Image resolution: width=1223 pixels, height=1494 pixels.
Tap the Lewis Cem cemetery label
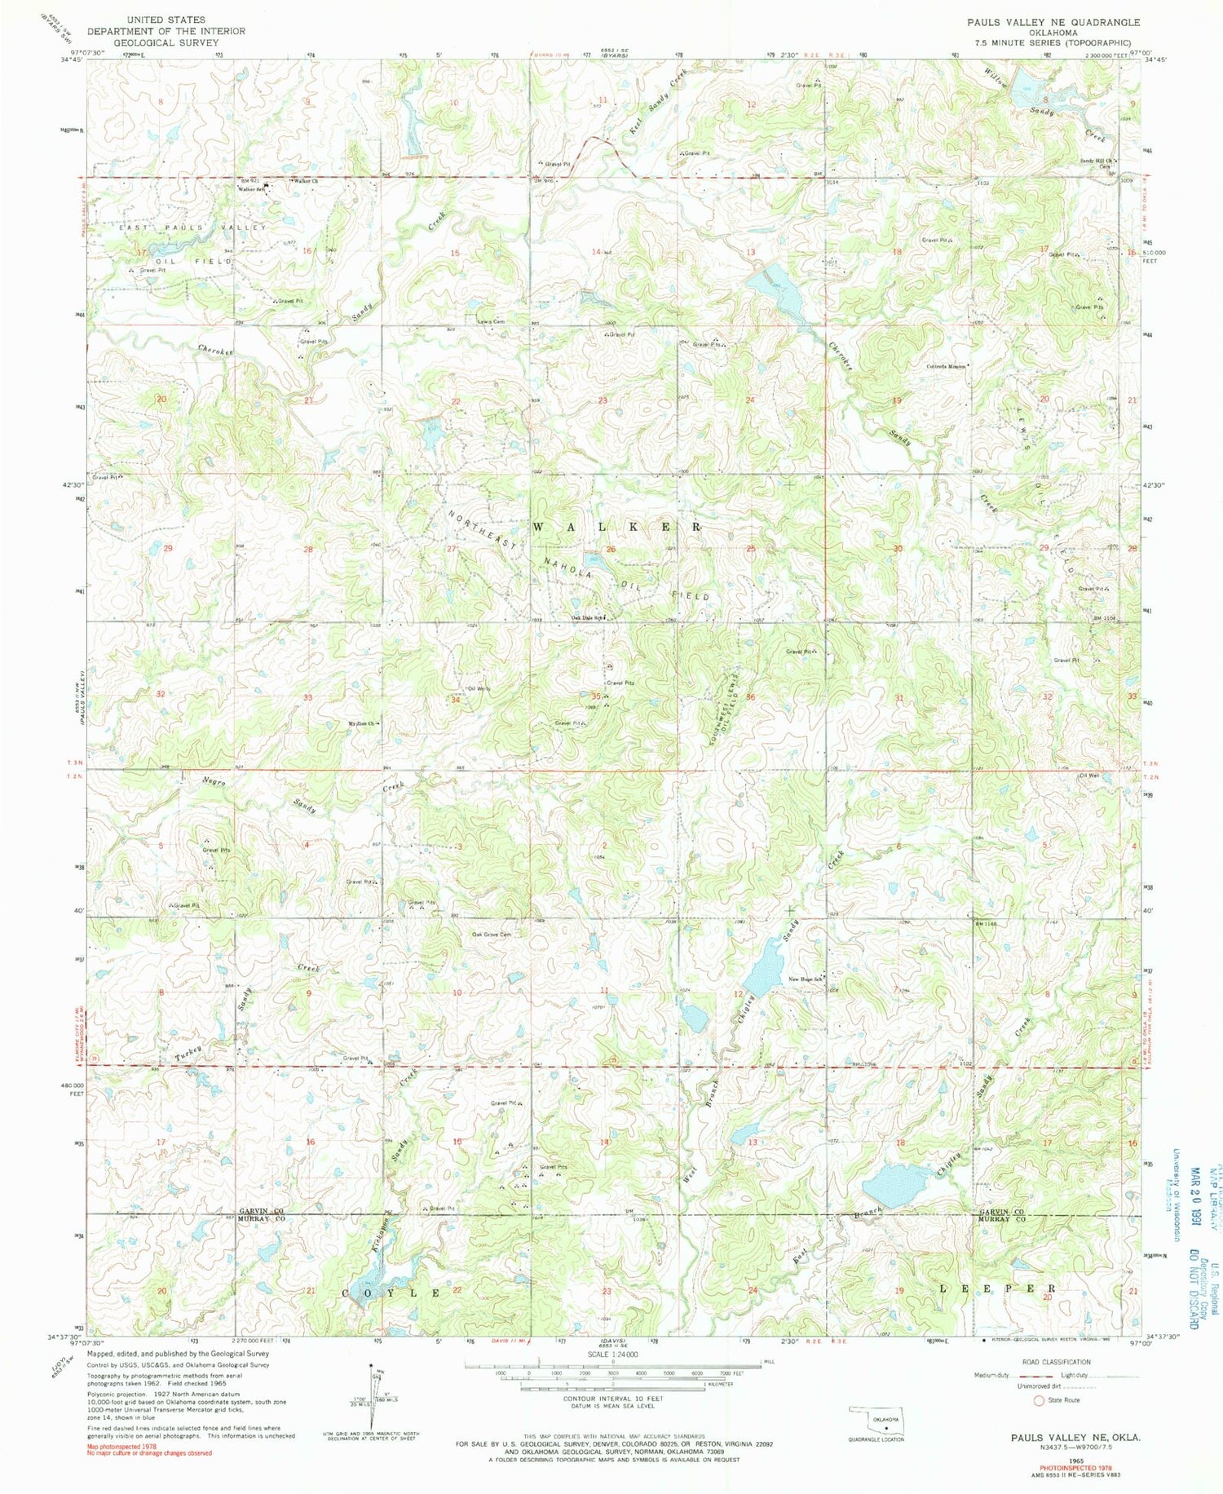(x=491, y=321)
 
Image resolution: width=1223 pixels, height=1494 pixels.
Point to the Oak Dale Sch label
(x=587, y=617)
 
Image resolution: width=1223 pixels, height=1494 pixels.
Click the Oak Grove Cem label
(x=492, y=935)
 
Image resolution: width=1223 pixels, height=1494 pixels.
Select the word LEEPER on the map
(x=998, y=1288)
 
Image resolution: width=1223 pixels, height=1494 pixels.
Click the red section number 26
(x=611, y=550)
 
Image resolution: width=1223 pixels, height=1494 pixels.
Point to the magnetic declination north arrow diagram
(x=373, y=1395)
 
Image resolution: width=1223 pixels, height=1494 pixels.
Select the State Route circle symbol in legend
(x=1039, y=1400)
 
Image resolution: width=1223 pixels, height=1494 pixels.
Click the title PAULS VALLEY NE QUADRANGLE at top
(x=1053, y=22)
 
